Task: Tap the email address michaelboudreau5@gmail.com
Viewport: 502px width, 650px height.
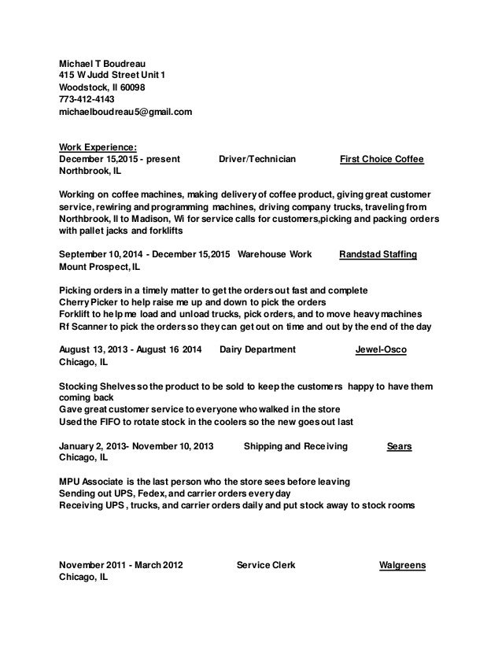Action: pyautogui.click(x=126, y=113)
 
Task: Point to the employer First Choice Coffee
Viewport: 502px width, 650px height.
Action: pyautogui.click(x=382, y=159)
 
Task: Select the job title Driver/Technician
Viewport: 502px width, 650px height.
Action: pyautogui.click(x=257, y=159)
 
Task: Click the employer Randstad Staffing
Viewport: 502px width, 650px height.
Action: pyautogui.click(x=378, y=254)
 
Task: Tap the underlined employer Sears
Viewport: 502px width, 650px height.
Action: pyautogui.click(x=400, y=446)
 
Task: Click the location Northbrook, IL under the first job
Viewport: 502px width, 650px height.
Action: pyautogui.click(x=86, y=172)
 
